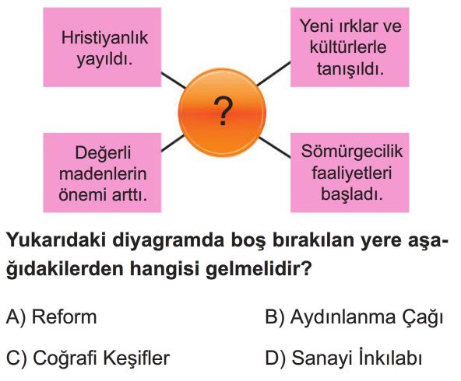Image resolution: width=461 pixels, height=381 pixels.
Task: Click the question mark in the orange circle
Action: coord(223,111)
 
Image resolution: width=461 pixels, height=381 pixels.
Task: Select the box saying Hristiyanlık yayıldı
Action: coord(102,47)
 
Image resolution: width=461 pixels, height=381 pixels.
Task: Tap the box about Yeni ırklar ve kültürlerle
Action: coord(350,47)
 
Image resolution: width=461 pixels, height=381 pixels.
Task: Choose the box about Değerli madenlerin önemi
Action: coord(102,173)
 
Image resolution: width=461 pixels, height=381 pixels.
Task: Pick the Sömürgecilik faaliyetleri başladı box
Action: coord(350,173)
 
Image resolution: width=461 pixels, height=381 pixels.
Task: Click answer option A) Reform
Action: coord(51,317)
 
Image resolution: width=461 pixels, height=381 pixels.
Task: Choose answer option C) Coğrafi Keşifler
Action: coord(88,358)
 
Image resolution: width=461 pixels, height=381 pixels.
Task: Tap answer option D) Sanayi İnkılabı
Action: coord(343,358)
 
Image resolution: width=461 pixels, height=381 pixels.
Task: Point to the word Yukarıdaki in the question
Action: coord(56,240)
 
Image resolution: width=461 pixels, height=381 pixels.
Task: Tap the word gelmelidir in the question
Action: coord(254,268)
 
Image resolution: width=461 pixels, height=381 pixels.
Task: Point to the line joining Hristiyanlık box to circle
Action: coord(174,80)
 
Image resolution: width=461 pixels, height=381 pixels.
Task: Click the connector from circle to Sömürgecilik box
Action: coord(275,148)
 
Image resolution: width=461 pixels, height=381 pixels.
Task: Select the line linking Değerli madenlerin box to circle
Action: coord(173,144)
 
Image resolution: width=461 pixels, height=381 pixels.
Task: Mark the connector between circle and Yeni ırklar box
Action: coord(274,74)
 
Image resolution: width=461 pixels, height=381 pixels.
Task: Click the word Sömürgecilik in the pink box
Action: coord(352,152)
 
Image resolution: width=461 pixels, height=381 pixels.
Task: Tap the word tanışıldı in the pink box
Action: coord(350,69)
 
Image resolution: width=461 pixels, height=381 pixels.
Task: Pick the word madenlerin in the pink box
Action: coord(103,173)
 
